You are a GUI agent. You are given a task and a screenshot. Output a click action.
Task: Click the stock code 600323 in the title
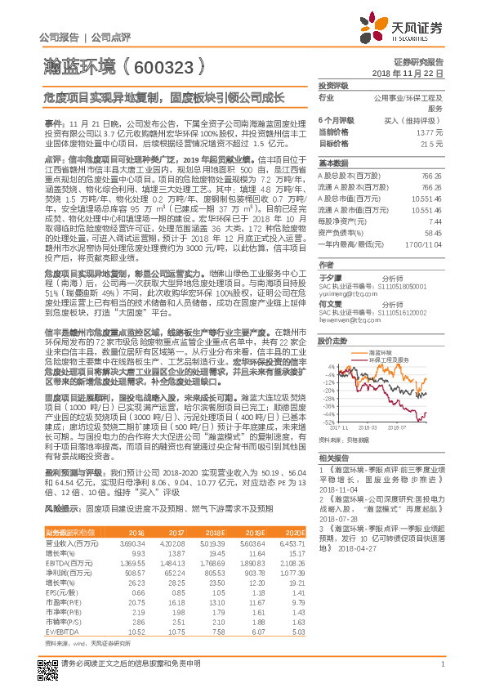159,62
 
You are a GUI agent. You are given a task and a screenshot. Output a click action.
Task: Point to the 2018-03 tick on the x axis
368,427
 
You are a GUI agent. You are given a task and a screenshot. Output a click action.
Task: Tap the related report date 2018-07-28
337,518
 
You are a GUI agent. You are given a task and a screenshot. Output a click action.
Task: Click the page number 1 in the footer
441,672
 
